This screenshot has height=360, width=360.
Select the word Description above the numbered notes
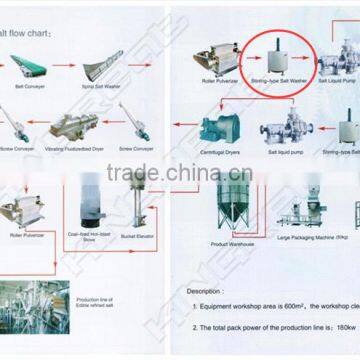(207, 291)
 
